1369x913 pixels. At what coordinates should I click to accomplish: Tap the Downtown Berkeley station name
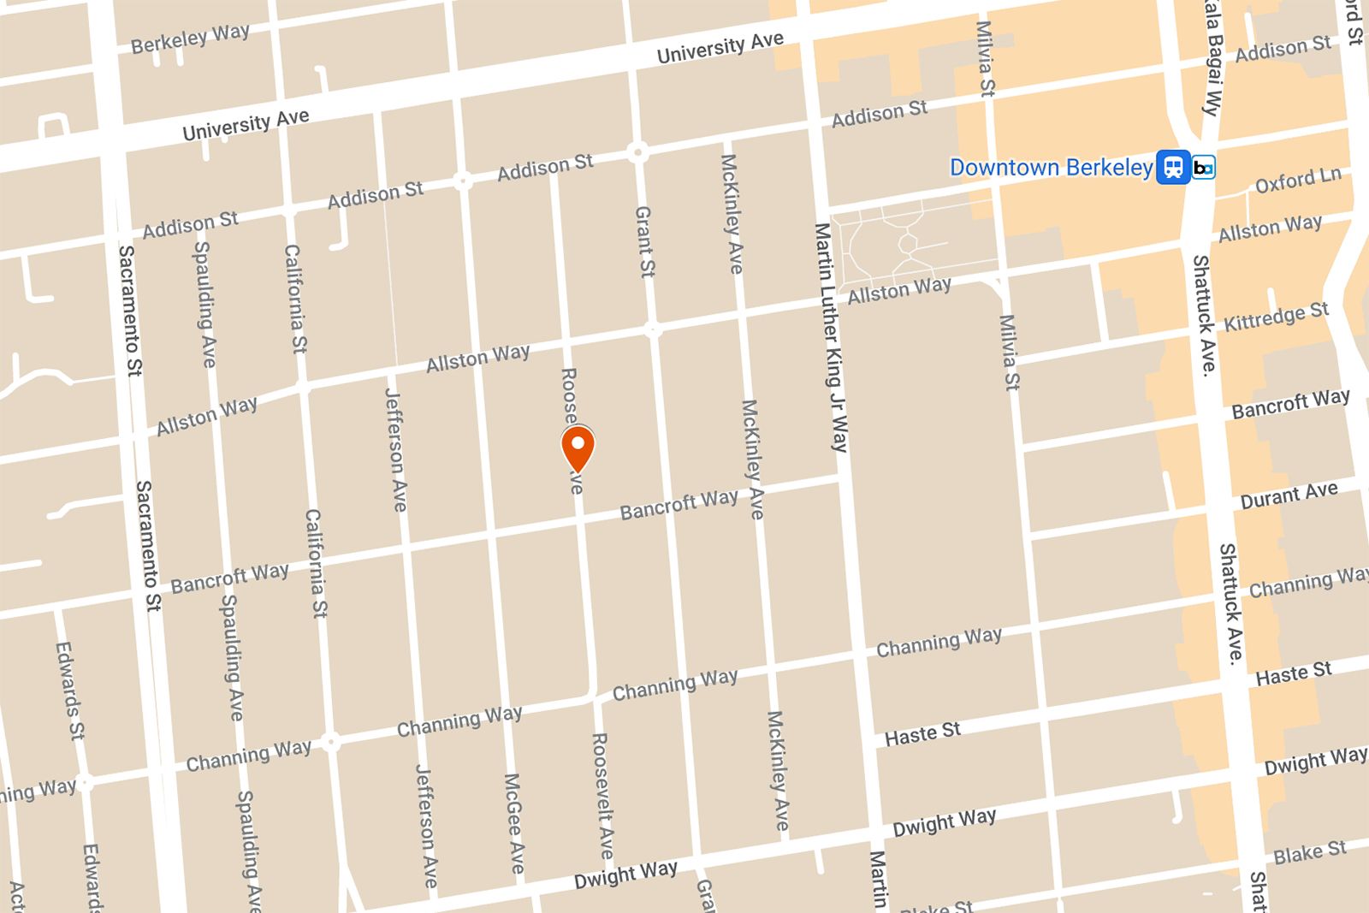1051,168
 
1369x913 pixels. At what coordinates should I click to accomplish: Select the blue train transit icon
1173,167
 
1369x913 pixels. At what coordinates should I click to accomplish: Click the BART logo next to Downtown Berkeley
1203,168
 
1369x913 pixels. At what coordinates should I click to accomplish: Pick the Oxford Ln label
1297,181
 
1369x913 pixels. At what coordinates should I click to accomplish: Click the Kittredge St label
1276,317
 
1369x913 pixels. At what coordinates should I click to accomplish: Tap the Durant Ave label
1289,495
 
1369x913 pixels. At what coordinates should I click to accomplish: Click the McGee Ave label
513,823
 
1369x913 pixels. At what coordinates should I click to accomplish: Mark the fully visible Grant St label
644,241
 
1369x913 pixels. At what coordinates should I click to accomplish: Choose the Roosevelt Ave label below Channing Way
602,796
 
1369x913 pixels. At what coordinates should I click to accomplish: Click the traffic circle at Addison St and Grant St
637,152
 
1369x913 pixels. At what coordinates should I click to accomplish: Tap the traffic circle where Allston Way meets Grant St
653,330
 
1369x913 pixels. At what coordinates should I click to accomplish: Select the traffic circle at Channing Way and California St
330,741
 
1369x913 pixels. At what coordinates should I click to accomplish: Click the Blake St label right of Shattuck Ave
1309,853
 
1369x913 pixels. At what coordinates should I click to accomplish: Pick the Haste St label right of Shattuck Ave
1293,673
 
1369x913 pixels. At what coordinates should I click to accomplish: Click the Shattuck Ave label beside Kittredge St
1205,315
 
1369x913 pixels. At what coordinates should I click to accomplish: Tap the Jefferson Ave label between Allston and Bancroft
395,450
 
